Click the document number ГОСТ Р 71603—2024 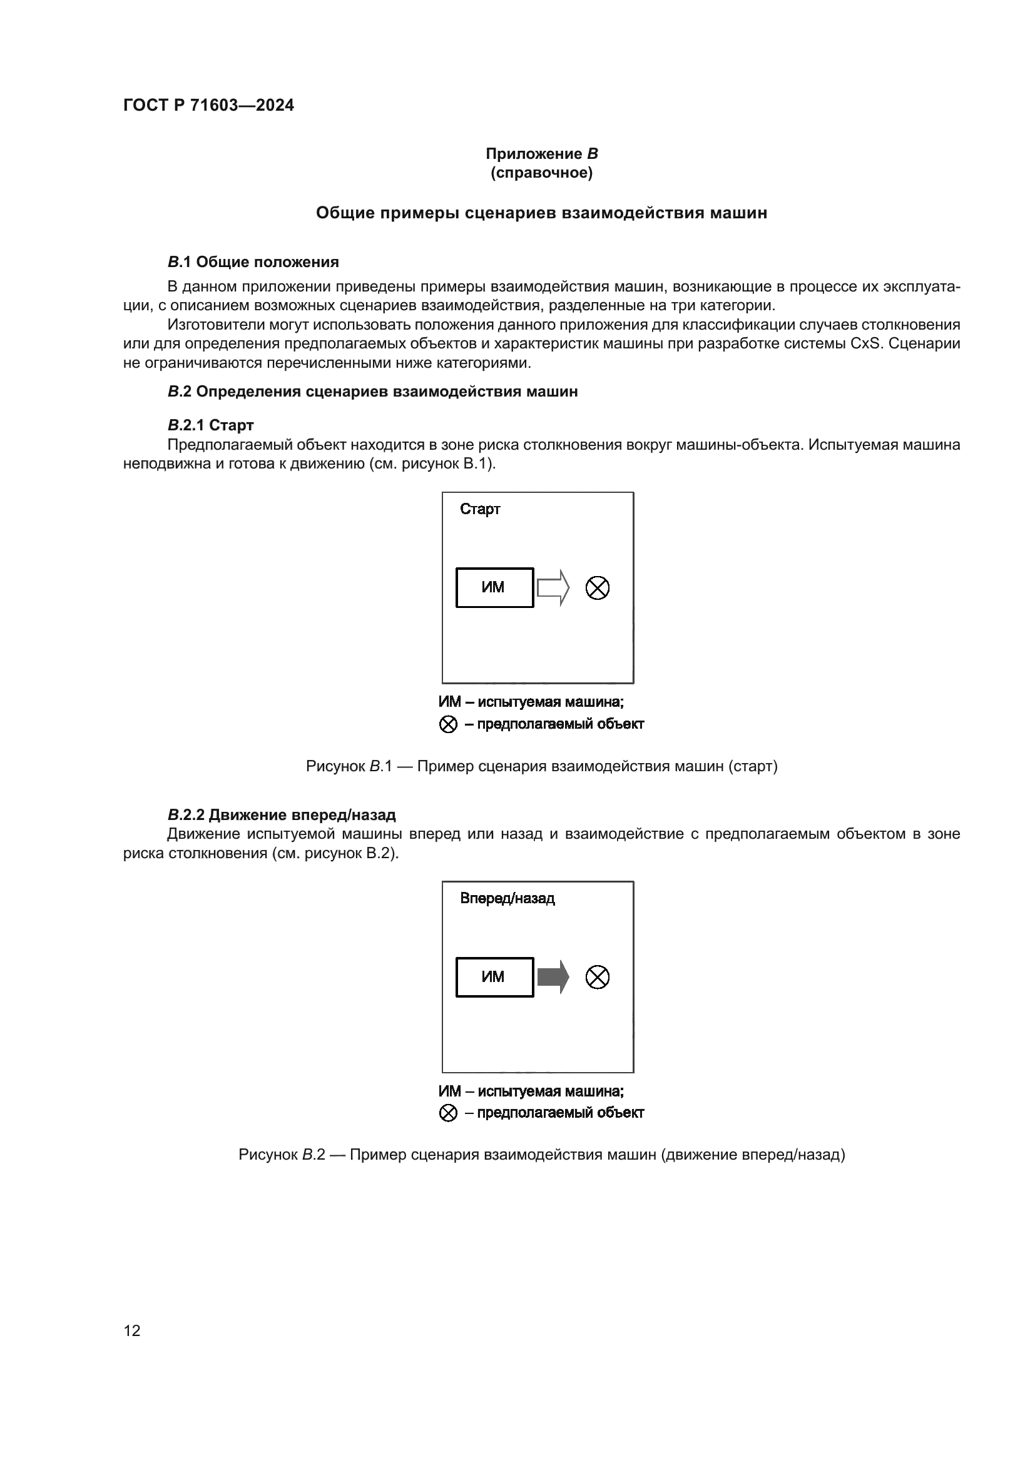[208, 105]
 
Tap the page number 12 [132, 1330]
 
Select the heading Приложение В [541, 154]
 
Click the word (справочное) [541, 173]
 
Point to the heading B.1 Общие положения [253, 262]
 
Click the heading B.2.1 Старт [210, 425]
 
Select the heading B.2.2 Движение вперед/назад [281, 814]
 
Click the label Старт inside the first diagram [480, 509]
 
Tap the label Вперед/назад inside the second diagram [507, 898]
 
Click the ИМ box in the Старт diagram [494, 587]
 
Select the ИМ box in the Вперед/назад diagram [494, 977]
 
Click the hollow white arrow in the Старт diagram [553, 587]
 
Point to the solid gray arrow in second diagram [553, 977]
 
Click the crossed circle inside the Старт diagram [597, 587]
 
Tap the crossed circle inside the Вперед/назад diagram [597, 977]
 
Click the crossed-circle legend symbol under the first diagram [449, 724]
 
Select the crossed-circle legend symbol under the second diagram [449, 1113]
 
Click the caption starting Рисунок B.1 [541, 766]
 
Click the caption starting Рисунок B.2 [541, 1155]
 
